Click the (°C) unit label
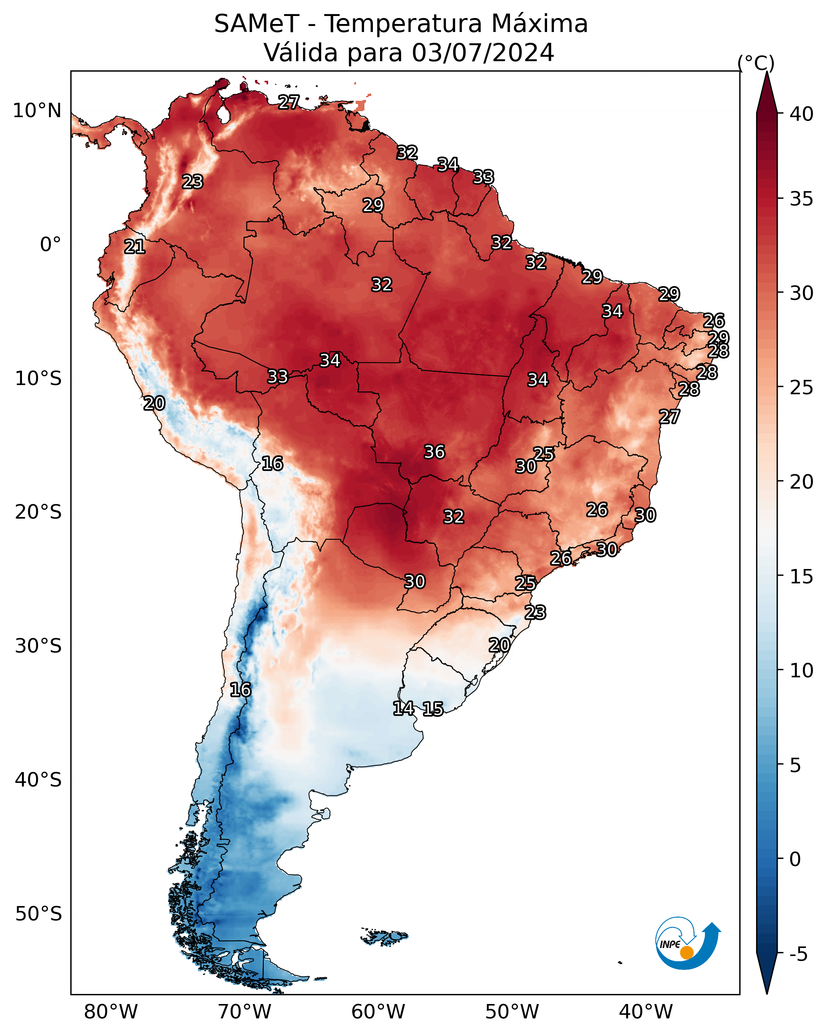tap(756, 63)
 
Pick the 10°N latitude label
tap(37, 111)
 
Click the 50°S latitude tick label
tap(38, 914)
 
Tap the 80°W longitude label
tap(111, 1012)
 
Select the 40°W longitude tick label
tap(646, 1012)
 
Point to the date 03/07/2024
tap(483, 52)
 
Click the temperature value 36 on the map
tap(435, 452)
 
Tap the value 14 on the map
tap(404, 709)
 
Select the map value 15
tap(433, 709)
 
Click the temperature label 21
tap(135, 247)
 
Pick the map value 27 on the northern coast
tap(289, 102)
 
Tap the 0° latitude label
tap(51, 245)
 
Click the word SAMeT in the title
tap(257, 24)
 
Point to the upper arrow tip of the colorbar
tap(767, 72)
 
